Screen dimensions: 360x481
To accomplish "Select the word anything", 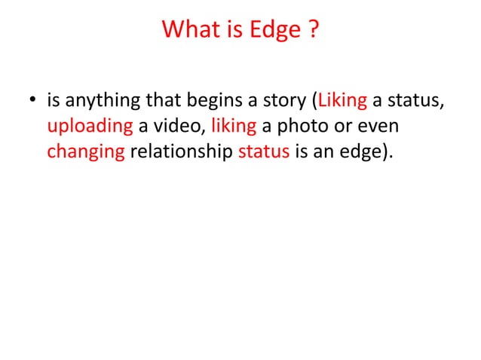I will tap(97, 101).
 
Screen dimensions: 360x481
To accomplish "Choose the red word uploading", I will tap(89, 126).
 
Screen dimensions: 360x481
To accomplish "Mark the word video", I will tap(178, 126).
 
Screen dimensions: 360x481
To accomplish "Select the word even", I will tap(378, 126).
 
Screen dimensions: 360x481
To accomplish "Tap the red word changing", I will tap(85, 151).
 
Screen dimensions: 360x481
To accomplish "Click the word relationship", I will tap(181, 151).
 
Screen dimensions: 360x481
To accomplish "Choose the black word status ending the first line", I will tap(414, 101).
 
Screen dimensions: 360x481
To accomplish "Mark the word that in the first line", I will tap(155, 101).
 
